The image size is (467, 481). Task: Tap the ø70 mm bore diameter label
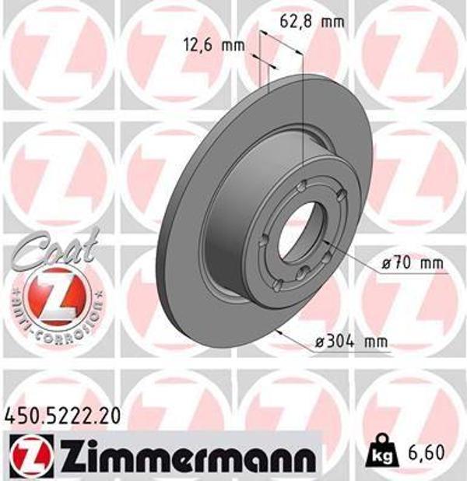413,263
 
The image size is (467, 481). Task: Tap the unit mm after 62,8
332,22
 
